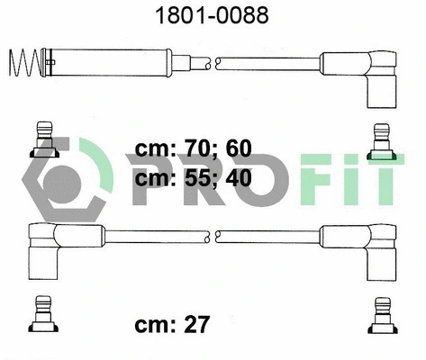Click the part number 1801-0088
coord(212,15)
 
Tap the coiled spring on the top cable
coord(24,62)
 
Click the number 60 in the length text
coord(239,148)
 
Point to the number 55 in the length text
coord(197,178)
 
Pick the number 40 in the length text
coord(239,178)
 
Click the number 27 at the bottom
coord(196,324)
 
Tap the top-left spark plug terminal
coord(44,139)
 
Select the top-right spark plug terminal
coord(382,141)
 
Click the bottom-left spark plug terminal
coord(43,314)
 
